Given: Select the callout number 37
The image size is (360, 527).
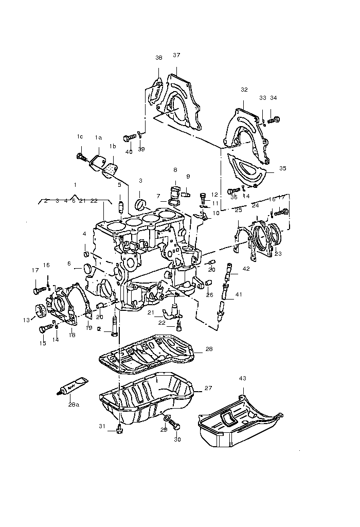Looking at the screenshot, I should tap(176, 55).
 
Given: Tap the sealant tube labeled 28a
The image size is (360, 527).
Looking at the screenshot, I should tap(73, 385).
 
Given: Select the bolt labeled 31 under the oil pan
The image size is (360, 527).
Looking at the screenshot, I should tap(119, 429).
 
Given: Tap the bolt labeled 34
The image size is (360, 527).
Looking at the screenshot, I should tap(274, 120).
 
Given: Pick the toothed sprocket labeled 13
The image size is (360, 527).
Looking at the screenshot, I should tap(40, 312).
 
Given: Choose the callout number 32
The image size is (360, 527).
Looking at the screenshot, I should tap(244, 90).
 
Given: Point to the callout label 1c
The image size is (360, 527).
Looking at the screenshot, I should tap(80, 136).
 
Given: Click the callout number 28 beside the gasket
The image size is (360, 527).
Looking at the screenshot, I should tap(209, 349).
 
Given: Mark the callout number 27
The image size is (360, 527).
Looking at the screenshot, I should tap(208, 388).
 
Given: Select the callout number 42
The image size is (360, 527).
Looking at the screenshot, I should tap(246, 269).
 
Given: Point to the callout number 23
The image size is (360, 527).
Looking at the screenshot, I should tap(278, 253).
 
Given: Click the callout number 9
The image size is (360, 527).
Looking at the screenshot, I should tap(188, 177).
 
